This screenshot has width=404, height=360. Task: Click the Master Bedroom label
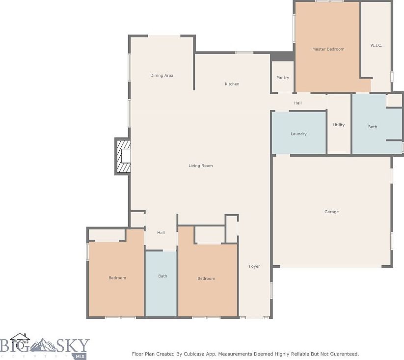click(x=328, y=49)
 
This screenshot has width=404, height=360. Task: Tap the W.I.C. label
click(x=376, y=45)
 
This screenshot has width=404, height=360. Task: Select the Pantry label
click(x=283, y=78)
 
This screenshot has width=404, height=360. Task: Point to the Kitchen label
click(x=232, y=84)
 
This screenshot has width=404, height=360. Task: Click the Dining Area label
click(x=162, y=75)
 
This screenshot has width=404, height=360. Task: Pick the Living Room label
click(x=201, y=166)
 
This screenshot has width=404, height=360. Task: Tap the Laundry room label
click(x=298, y=134)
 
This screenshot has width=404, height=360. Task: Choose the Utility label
click(x=339, y=125)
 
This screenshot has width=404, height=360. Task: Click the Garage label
click(x=332, y=212)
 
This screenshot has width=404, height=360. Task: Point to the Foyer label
click(x=254, y=266)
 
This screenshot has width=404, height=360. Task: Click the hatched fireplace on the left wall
click(x=123, y=156)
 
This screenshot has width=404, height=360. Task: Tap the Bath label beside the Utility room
click(x=373, y=127)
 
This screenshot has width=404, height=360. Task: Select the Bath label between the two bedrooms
click(x=162, y=276)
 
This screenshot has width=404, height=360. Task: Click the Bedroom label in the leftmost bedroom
click(x=117, y=277)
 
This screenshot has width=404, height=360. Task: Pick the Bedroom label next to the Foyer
click(x=206, y=278)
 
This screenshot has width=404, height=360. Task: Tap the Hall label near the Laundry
click(x=298, y=103)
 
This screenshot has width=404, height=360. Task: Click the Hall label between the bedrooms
click(x=161, y=233)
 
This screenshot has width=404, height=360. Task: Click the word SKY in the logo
click(x=73, y=346)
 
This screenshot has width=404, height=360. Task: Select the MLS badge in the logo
click(x=80, y=357)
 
